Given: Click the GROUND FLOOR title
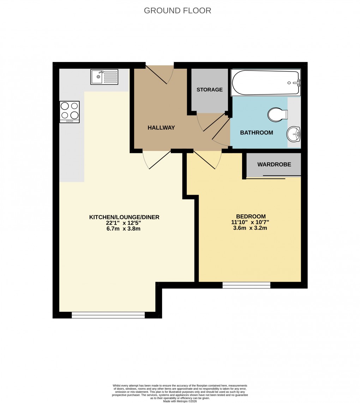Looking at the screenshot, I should pyautogui.click(x=178, y=11).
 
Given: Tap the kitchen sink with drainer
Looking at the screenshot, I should pyautogui.click(x=104, y=77).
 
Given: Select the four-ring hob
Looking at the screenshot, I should pyautogui.click(x=70, y=111).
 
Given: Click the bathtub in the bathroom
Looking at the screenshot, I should pyautogui.click(x=265, y=83).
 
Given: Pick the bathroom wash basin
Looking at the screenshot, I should pyautogui.click(x=294, y=134).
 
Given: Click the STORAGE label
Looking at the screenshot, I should pyautogui.click(x=210, y=90).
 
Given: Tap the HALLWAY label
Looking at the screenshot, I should pyautogui.click(x=161, y=128).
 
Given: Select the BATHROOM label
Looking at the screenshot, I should pyautogui.click(x=257, y=133).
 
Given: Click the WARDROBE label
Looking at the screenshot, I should pyautogui.click(x=274, y=164).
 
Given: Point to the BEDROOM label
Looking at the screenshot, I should pyautogui.click(x=251, y=216).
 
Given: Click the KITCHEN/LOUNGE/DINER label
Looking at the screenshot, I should pyautogui.click(x=124, y=217).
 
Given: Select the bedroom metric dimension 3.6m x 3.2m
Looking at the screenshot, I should pyautogui.click(x=250, y=228).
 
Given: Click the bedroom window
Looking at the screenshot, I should pyautogui.click(x=246, y=285).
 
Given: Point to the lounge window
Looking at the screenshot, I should pyautogui.click(x=108, y=315).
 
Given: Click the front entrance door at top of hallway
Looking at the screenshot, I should pyautogui.click(x=160, y=73).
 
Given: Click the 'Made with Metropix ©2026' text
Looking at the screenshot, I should pyautogui.click(x=180, y=401).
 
